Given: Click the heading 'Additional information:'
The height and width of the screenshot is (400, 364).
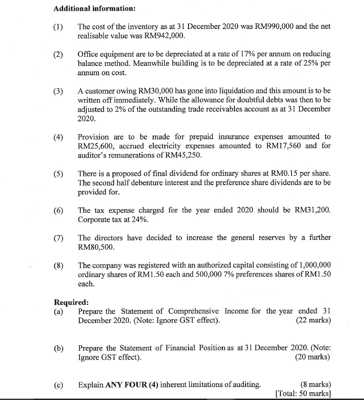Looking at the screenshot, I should coord(88,9).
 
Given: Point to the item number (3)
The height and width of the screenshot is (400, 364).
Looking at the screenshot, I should coord(58,91).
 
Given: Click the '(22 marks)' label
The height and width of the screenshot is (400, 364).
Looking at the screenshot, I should coord(313,320).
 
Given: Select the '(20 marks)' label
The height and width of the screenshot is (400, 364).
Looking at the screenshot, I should coord(312,357).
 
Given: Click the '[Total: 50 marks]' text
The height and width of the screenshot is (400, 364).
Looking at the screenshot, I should coord(303,394).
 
